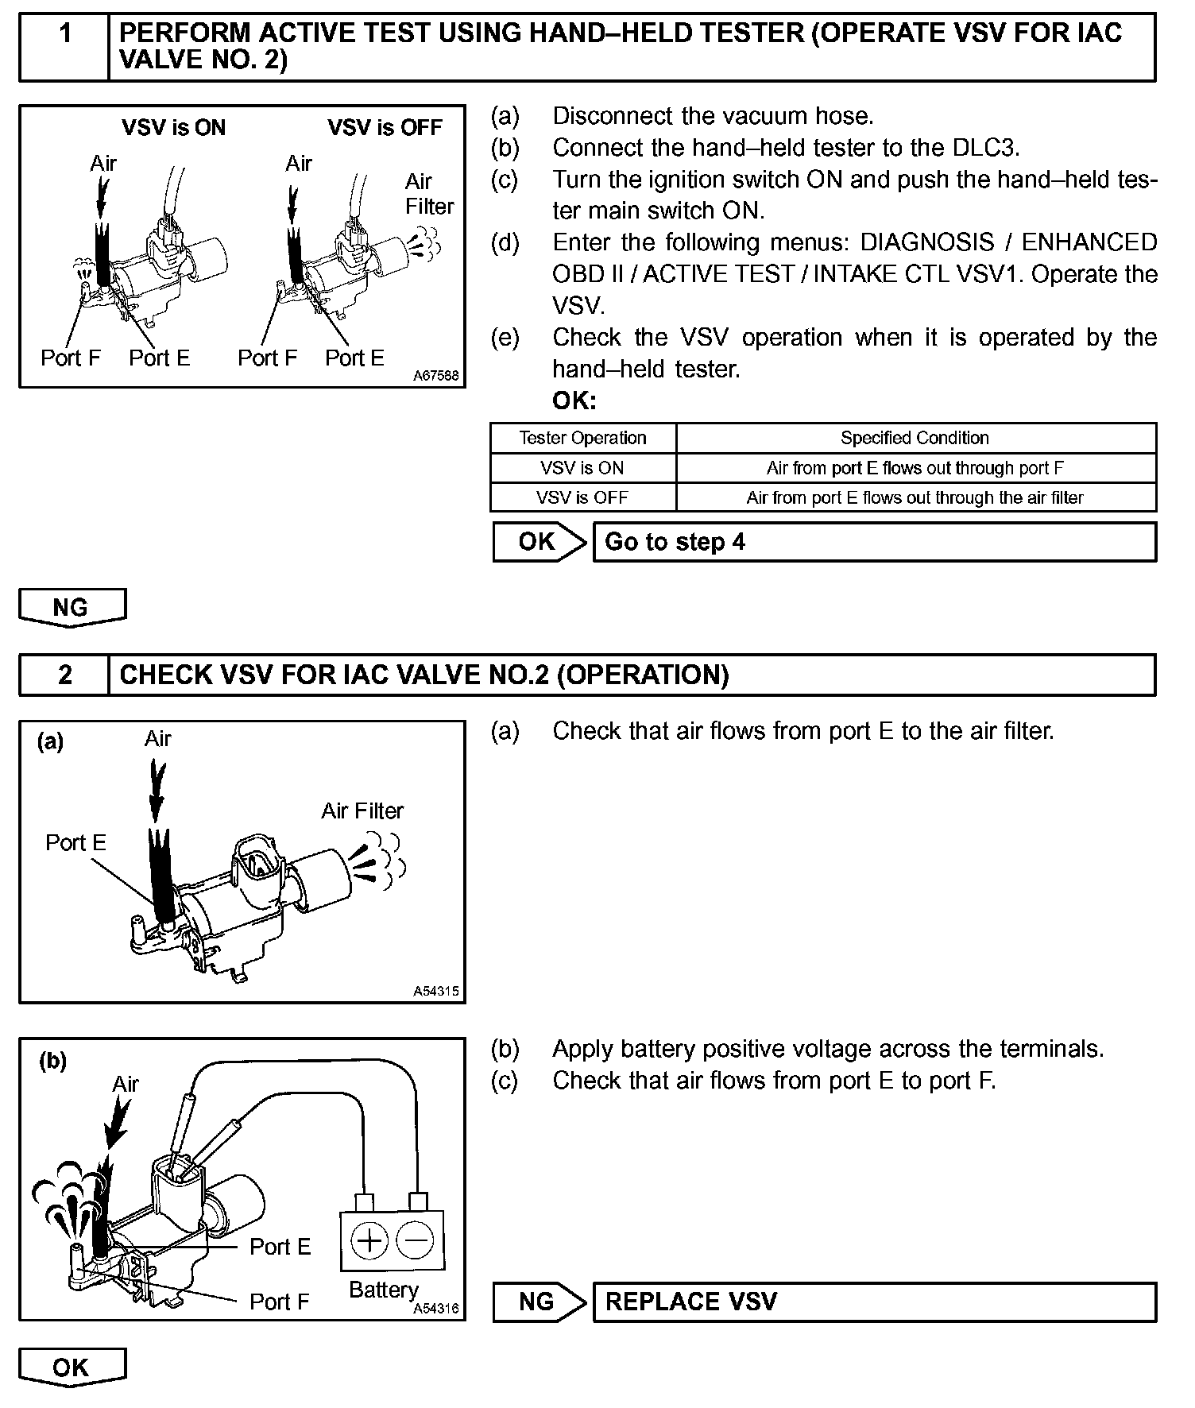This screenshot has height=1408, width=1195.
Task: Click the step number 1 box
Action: point(64,46)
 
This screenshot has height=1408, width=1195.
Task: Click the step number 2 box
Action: point(64,675)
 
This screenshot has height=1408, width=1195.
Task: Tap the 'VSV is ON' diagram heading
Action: point(173,128)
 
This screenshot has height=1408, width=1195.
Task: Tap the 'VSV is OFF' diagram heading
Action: point(385,128)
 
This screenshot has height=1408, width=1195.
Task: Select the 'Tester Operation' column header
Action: point(582,438)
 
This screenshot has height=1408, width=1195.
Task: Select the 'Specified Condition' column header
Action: point(915,438)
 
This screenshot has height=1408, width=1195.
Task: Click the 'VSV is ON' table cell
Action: point(582,468)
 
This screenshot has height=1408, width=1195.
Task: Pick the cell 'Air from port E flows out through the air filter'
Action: point(915,498)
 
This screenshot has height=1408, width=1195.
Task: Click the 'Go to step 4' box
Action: point(874,542)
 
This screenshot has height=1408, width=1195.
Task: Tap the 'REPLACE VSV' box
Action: point(874,1302)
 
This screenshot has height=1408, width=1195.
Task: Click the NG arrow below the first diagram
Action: point(72,608)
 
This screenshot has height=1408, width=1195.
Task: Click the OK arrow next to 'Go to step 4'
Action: point(539,542)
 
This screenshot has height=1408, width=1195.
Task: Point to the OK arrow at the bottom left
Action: point(72,1367)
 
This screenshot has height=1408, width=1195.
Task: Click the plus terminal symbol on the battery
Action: point(369,1240)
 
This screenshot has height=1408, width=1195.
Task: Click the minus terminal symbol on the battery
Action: point(414,1240)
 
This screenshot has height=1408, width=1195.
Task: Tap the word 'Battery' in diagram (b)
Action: point(383,1290)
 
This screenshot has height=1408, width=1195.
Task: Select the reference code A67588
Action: point(435,376)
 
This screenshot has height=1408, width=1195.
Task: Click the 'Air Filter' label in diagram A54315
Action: point(362,811)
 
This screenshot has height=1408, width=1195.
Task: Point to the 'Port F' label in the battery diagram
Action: point(279,1302)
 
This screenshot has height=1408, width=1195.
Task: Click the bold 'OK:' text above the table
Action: point(574,401)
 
